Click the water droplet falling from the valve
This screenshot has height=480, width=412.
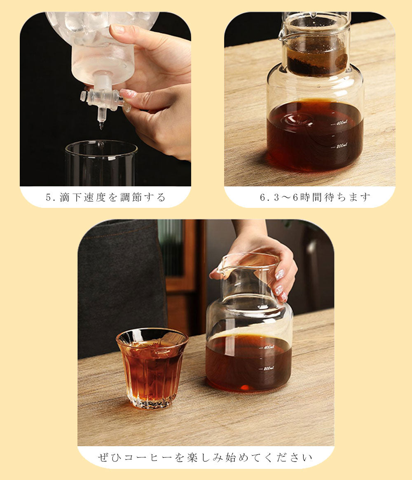click(101, 126)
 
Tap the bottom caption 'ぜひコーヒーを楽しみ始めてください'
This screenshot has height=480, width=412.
click(205, 458)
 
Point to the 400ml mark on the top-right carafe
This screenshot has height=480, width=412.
click(341, 123)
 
